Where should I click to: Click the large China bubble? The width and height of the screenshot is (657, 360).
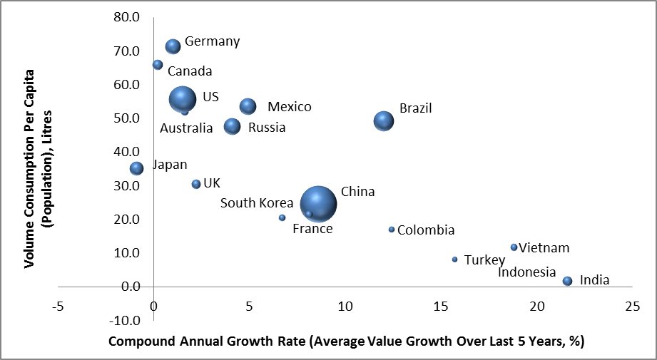(318, 204)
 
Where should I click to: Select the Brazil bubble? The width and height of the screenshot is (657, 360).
(384, 120)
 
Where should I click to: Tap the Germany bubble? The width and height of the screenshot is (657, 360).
(173, 46)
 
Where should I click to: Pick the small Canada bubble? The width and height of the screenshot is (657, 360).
(158, 65)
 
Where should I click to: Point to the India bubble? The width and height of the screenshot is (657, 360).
(567, 281)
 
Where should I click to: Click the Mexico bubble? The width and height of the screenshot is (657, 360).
(248, 106)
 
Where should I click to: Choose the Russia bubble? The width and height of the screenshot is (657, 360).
(232, 126)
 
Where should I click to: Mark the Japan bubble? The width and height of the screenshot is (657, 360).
(136, 168)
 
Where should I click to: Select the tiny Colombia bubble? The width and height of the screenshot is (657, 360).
(392, 230)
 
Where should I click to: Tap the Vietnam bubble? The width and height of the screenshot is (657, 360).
(514, 247)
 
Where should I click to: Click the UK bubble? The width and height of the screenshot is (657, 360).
(196, 184)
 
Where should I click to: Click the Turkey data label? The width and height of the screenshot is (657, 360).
(484, 260)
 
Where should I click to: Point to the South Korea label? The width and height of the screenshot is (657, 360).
(257, 203)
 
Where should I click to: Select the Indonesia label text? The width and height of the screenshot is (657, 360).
(526, 272)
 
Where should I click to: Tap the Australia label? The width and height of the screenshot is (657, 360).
(185, 128)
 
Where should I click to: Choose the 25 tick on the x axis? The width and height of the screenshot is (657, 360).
(631, 306)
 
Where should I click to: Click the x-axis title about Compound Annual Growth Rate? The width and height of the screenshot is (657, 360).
(346, 341)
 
